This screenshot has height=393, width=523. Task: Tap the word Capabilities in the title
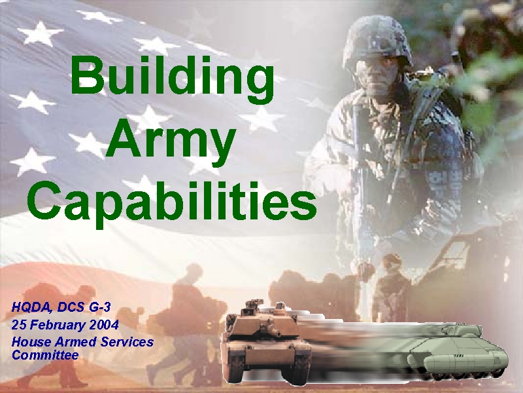click(x=172, y=204)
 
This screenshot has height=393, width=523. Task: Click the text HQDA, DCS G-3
click(x=61, y=307)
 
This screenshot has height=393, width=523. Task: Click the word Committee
click(x=45, y=354)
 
